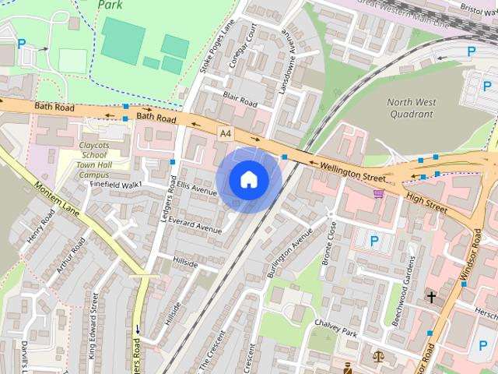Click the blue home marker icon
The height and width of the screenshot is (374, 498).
point(249,180)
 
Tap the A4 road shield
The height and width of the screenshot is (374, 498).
point(225,134)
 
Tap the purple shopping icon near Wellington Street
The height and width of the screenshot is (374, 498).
point(379,194)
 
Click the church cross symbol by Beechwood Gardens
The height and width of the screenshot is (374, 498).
point(431,297)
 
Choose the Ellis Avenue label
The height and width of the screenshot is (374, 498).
point(195,189)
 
